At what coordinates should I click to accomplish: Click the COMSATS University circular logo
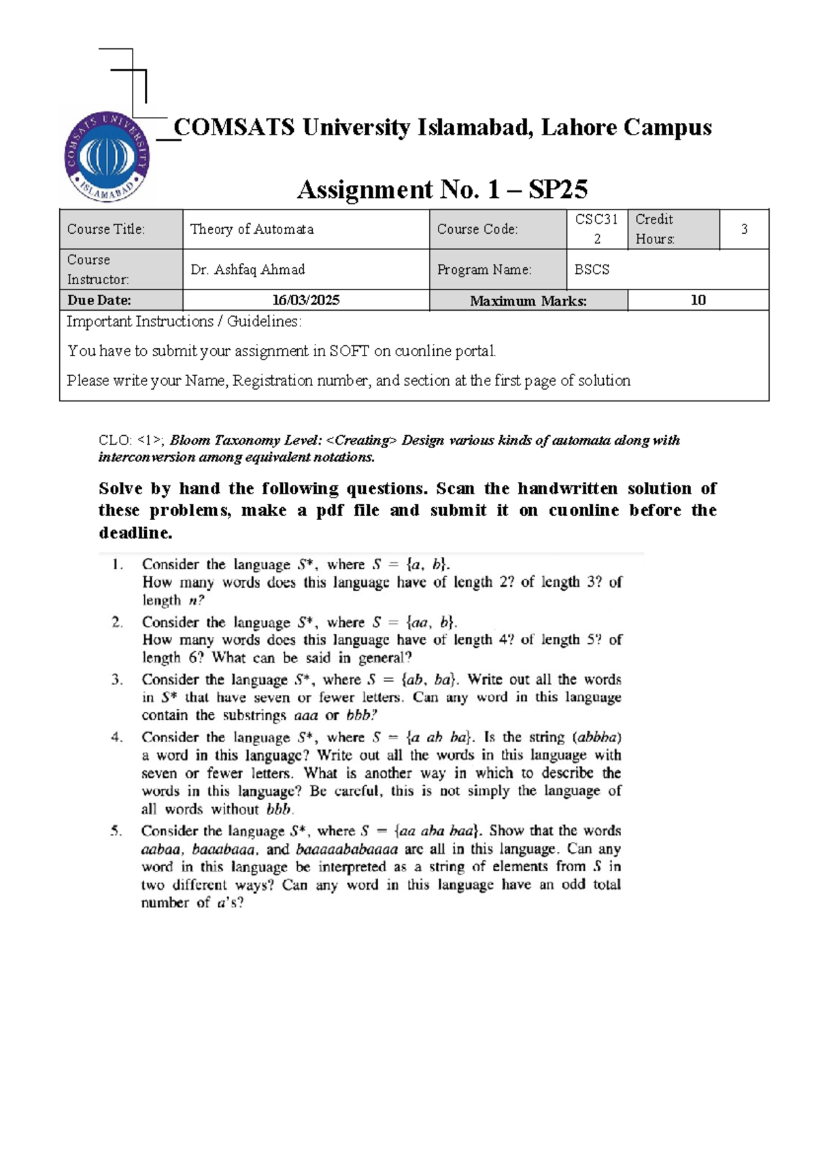107,157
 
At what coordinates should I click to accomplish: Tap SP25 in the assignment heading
558,189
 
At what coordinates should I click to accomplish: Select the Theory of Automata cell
252,229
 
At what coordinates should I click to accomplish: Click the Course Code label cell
477,229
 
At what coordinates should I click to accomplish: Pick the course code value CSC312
596,228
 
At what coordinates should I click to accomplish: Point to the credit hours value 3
744,229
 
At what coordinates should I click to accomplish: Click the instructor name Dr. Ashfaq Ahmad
248,269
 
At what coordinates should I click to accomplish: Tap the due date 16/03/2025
306,300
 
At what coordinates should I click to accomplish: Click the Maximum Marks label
528,300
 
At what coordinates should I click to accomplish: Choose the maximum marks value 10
698,300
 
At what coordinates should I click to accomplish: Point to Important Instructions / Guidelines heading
184,322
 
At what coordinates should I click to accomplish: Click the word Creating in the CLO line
360,440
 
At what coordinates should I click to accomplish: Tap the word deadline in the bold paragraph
135,533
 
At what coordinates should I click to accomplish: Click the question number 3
117,679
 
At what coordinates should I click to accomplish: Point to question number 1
118,564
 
